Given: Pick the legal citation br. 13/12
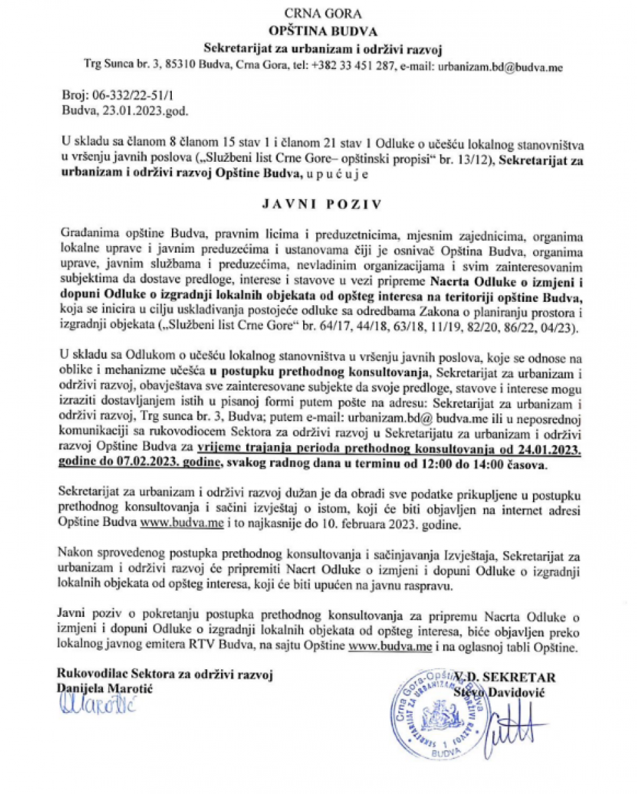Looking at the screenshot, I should [x=462, y=160].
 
